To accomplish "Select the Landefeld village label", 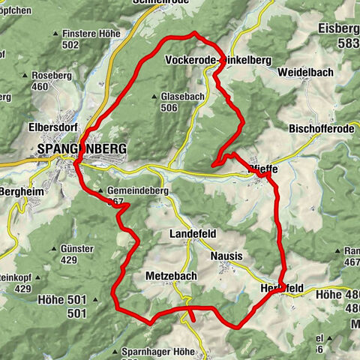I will click(x=195, y=233).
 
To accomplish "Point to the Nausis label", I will click(x=226, y=256).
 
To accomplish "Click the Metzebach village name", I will click(x=171, y=277).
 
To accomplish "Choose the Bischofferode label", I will click(x=321, y=129).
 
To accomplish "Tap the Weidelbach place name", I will click(x=301, y=73).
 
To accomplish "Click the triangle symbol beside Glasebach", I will click(x=154, y=97).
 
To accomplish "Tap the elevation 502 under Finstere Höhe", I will click(x=92, y=45).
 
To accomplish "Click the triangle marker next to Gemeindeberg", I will click(x=101, y=191).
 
